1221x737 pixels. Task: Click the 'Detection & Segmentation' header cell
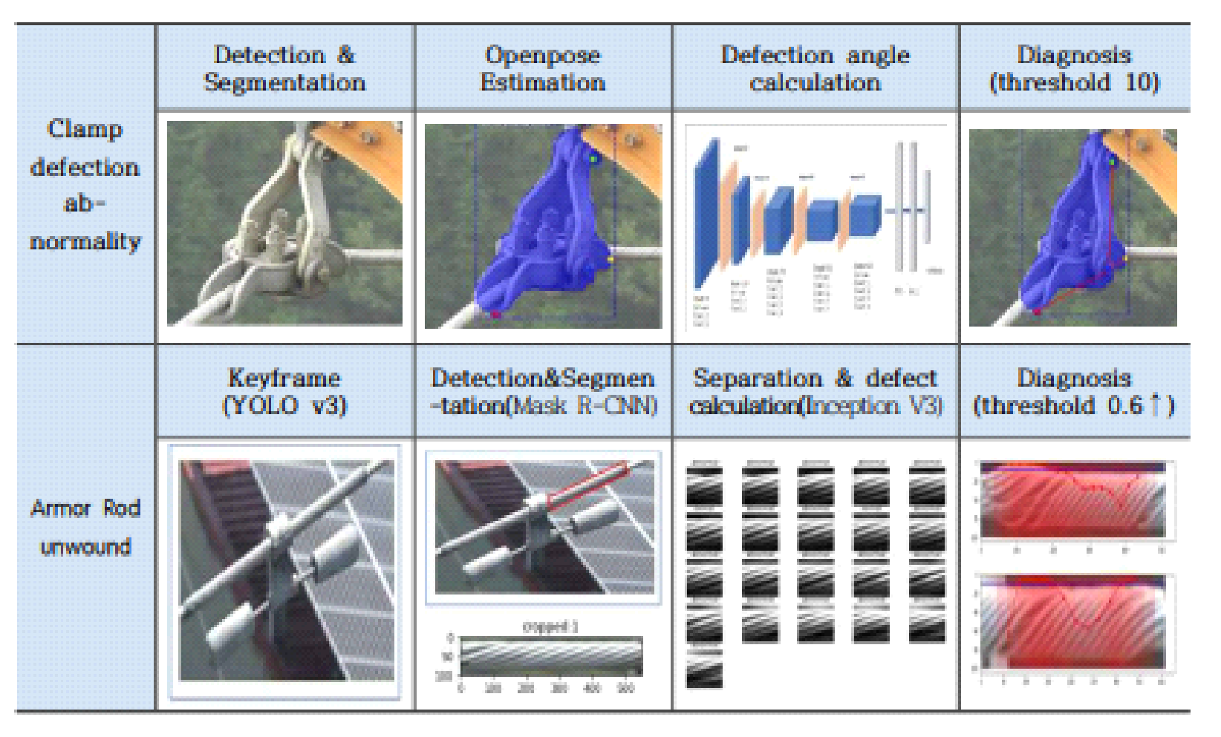coord(284,68)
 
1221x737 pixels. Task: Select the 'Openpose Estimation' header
coord(543,68)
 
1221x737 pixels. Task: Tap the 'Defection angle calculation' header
coord(815,68)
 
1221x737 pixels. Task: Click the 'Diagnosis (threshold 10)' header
coord(1074,68)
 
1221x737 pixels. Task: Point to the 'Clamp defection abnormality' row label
coord(85,184)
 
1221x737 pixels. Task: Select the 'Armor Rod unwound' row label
coord(85,527)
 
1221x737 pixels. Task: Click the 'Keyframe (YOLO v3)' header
coord(284,391)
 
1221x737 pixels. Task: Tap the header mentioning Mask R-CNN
coord(543,391)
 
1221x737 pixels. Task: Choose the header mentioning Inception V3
coord(815,391)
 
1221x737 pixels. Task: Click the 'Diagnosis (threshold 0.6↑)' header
coord(1074,391)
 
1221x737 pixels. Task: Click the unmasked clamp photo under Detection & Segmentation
coord(284,223)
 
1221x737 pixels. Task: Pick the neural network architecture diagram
coord(815,226)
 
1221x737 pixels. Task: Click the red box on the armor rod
coord(588,486)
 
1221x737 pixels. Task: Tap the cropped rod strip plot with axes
coord(550,657)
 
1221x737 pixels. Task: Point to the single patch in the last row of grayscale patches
coord(703,667)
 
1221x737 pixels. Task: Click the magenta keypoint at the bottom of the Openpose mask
coord(496,315)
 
